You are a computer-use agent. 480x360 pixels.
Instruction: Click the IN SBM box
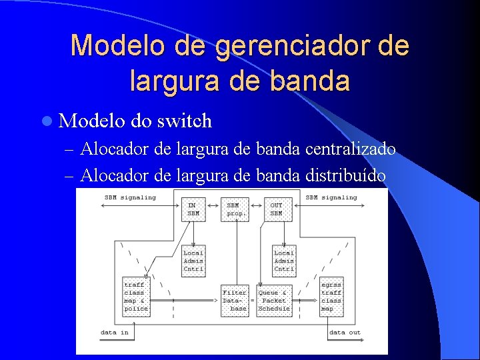[x=193, y=209]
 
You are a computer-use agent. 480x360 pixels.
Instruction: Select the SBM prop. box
[x=234, y=209]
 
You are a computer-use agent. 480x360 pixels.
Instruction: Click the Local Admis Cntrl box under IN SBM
[x=193, y=261]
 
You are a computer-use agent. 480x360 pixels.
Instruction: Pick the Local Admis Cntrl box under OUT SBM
[x=284, y=261]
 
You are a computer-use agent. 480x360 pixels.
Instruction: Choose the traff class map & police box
[x=136, y=297]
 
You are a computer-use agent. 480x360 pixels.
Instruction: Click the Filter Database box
[x=235, y=301]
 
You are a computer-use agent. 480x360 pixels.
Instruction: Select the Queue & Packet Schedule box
[x=274, y=301]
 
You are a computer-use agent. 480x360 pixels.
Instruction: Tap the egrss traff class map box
[x=331, y=297]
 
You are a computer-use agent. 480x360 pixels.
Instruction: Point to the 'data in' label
[x=115, y=332]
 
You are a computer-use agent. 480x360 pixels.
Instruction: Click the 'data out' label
[x=345, y=332]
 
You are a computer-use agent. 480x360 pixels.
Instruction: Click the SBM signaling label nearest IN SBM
[x=130, y=197]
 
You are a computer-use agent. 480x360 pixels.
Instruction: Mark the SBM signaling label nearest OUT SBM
[x=331, y=197]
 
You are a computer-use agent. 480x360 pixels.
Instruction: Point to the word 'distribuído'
[x=345, y=175]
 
